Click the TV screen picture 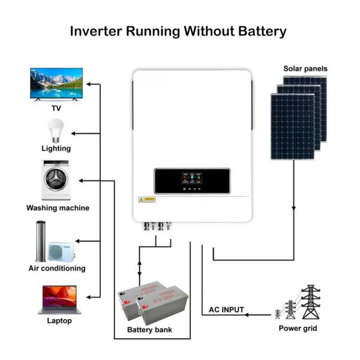point(56,83)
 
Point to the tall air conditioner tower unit point(41,241)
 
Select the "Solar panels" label point(305,68)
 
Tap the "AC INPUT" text point(226,310)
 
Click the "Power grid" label point(298,328)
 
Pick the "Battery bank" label point(149,330)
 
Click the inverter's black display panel point(192,181)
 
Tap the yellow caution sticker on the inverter point(147,199)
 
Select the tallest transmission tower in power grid point(310,302)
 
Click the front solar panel point(292,127)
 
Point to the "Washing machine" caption point(58,208)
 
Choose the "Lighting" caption point(56,148)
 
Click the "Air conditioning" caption point(57,268)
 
